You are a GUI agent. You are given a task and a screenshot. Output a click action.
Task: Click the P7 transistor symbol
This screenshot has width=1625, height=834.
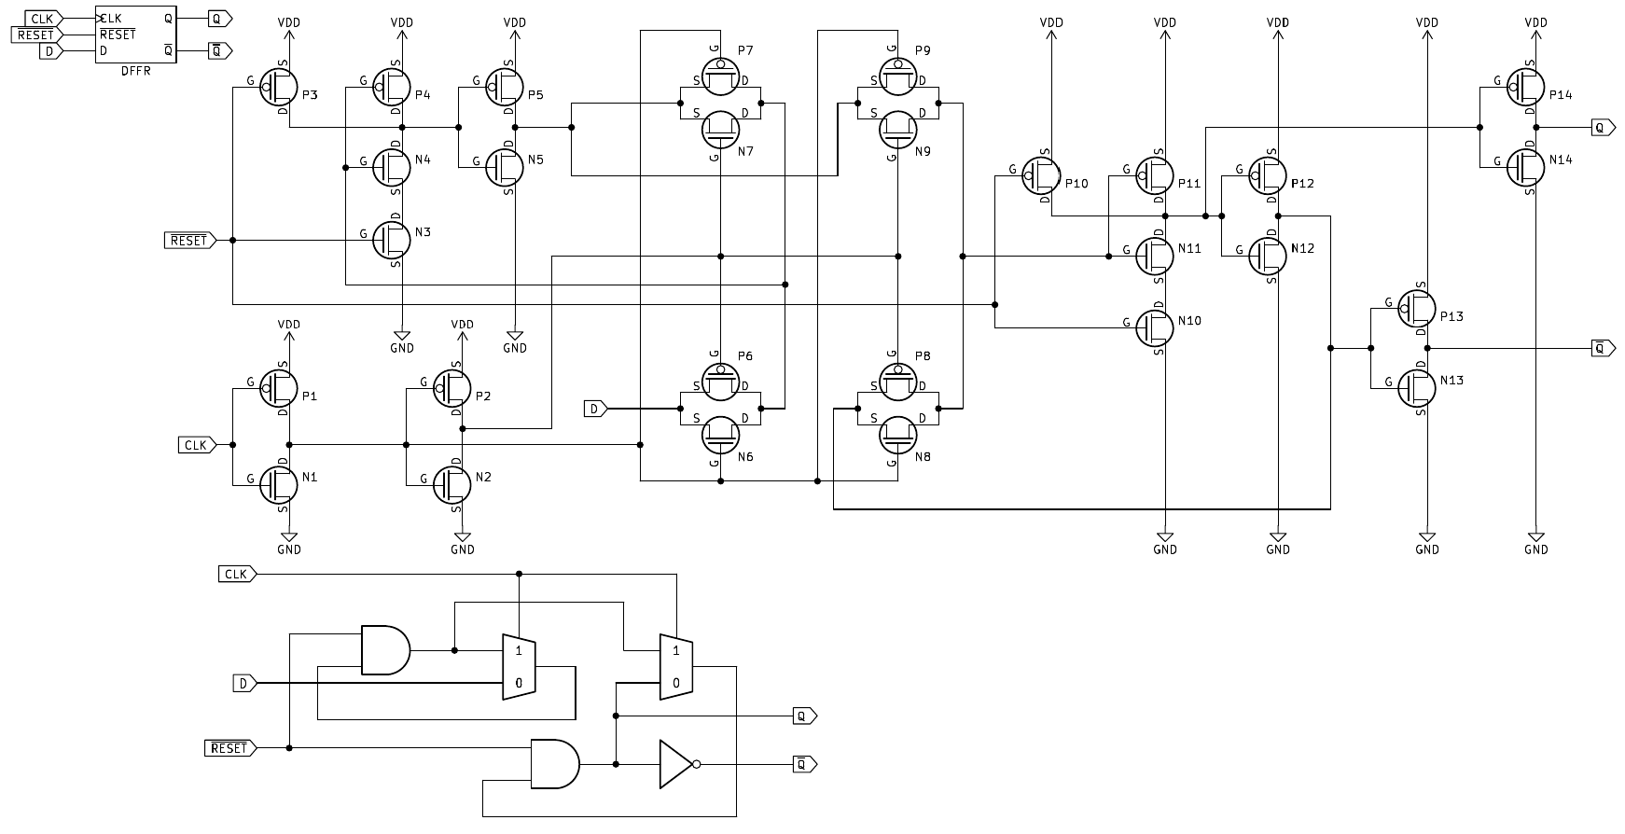720,74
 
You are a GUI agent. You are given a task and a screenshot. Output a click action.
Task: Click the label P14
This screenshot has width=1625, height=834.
1561,95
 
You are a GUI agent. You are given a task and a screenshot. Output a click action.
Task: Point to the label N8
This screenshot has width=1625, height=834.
923,457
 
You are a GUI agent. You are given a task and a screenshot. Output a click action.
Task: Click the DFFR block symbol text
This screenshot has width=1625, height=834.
136,70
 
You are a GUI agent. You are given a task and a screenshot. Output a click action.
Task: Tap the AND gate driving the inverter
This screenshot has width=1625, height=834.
555,764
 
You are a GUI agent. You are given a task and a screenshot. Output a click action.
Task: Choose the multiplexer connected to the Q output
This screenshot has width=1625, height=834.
676,665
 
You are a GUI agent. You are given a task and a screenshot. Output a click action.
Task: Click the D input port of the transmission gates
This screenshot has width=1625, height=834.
595,409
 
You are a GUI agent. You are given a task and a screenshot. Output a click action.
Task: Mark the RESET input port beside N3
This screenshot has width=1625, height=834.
189,241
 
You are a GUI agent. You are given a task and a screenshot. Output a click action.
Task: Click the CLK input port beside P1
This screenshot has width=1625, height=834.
197,445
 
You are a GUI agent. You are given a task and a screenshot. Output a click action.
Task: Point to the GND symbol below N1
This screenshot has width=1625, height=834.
289,541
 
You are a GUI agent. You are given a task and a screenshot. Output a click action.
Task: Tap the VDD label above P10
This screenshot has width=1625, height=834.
1052,22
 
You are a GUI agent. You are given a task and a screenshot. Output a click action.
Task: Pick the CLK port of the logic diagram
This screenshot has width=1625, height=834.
237,574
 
